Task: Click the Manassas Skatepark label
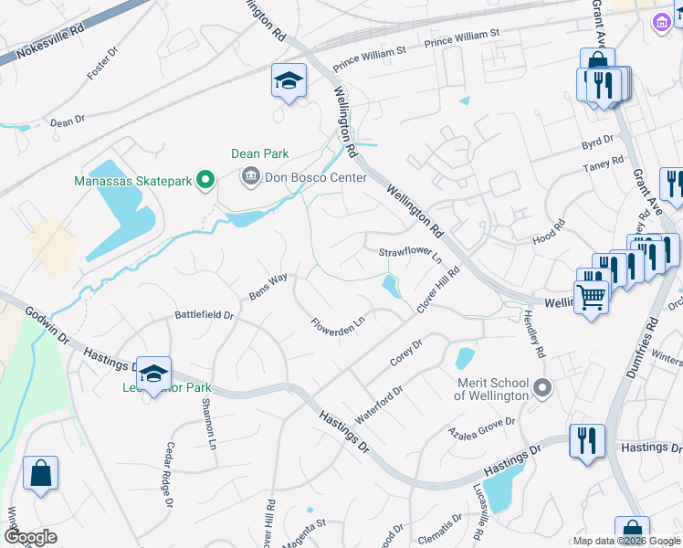pos(134,182)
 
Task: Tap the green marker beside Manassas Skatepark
pos(205,181)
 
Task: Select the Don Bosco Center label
pos(315,177)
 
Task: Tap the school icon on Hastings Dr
pos(154,373)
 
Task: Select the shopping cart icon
pos(591,296)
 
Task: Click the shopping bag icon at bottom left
pos(40,474)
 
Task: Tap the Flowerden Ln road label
pos(338,324)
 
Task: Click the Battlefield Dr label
pos(205,315)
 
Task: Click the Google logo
pos(31,537)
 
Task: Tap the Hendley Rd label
pos(534,334)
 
